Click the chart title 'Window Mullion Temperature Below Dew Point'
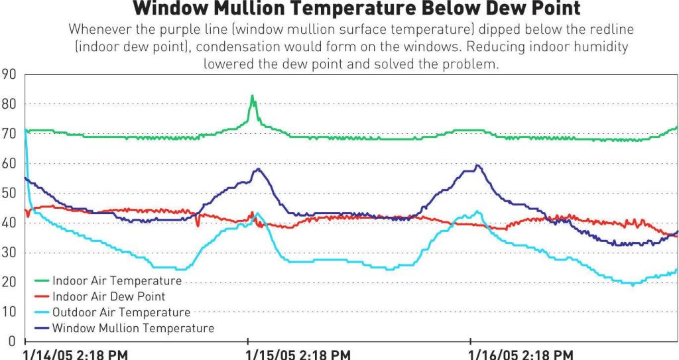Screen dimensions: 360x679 tap(357, 9)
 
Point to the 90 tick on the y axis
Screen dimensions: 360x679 tap(9, 74)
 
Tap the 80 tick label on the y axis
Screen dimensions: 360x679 tap(9, 103)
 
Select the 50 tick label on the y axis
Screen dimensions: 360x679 tap(9, 193)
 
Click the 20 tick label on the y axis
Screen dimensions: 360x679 tap(9, 282)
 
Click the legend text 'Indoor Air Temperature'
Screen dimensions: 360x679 tap(117, 281)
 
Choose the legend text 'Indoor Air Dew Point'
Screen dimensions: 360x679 tap(109, 296)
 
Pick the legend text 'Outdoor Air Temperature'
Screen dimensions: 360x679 tap(121, 312)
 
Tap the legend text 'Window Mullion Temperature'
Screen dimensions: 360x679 tap(133, 328)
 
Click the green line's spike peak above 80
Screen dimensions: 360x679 tap(252, 95)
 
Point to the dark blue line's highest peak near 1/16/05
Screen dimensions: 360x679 tap(477, 165)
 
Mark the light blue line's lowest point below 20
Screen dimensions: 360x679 tap(633, 284)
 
